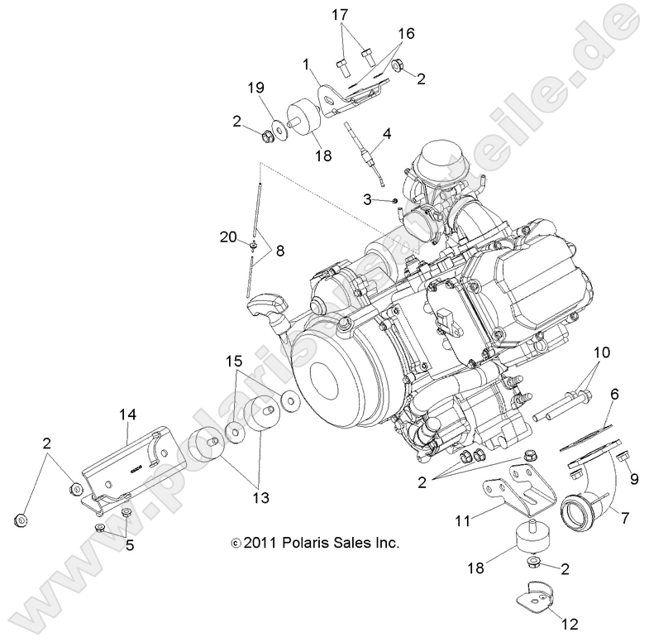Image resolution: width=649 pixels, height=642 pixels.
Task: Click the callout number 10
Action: pos(601,329)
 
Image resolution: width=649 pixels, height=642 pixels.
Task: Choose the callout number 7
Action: pos(625,518)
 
